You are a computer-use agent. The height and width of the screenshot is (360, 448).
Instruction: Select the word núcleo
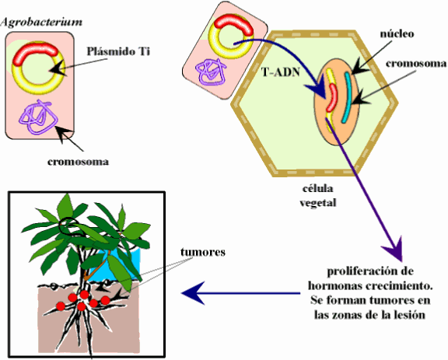coord(397,34)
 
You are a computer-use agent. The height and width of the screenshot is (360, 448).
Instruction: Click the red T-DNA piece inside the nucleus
coord(331,100)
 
